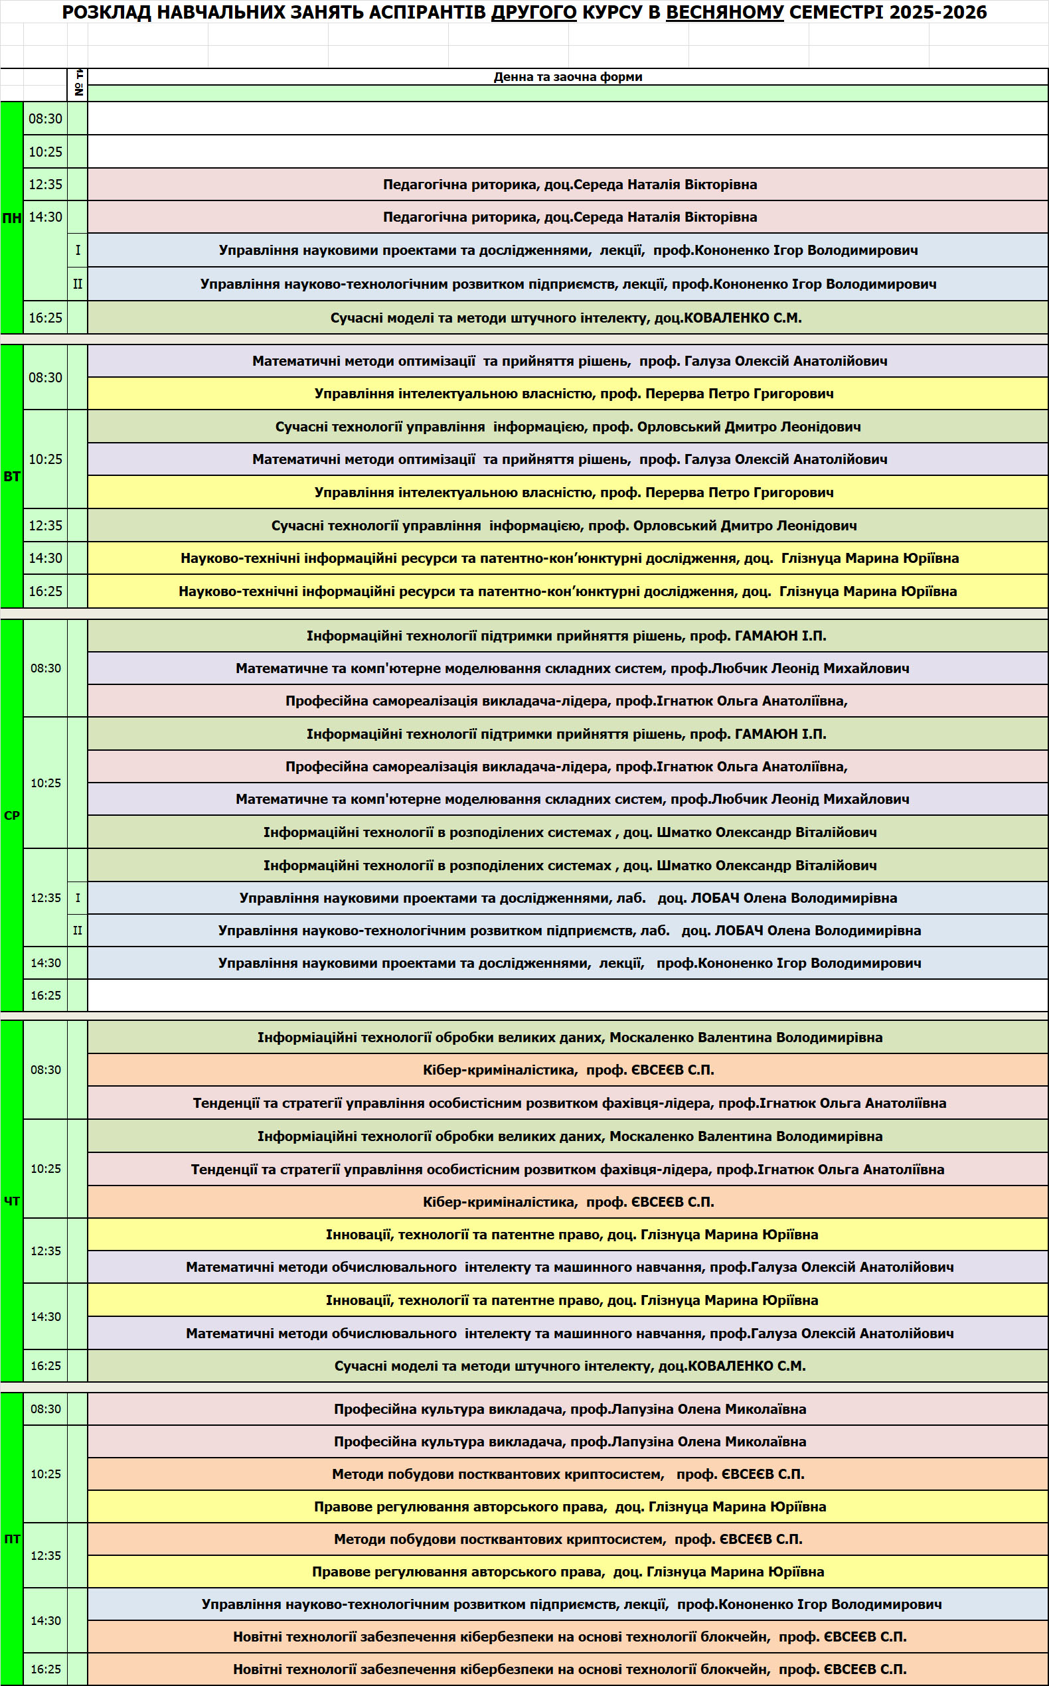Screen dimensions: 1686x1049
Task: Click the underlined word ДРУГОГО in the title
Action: click(534, 12)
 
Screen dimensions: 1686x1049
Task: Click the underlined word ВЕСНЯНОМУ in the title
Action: click(724, 12)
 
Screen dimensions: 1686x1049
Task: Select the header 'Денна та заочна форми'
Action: click(568, 77)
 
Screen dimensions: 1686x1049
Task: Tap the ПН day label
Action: click(12, 218)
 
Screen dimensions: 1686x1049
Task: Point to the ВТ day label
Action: click(12, 477)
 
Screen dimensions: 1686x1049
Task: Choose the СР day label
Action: click(12, 816)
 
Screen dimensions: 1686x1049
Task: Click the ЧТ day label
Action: click(12, 1201)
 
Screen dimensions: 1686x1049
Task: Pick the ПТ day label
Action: click(12, 1539)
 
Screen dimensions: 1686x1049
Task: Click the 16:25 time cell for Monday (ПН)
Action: click(45, 318)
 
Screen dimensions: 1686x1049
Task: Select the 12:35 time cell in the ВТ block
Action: click(45, 526)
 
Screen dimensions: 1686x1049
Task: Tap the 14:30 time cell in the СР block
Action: click(45, 962)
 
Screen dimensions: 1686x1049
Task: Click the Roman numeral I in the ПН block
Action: click(78, 250)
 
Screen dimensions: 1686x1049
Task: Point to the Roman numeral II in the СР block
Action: click(78, 930)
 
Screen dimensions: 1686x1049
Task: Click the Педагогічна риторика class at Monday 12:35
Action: click(569, 185)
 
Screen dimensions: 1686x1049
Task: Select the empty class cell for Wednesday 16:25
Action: click(568, 995)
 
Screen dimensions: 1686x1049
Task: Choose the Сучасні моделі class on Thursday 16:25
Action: click(569, 1365)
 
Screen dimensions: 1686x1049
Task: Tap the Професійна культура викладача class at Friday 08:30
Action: click(569, 1409)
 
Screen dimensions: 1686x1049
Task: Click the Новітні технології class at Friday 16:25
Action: click(569, 1669)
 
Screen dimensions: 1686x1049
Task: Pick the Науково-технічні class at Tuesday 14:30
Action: click(569, 558)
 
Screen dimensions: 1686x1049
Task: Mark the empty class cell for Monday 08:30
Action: click(568, 119)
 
